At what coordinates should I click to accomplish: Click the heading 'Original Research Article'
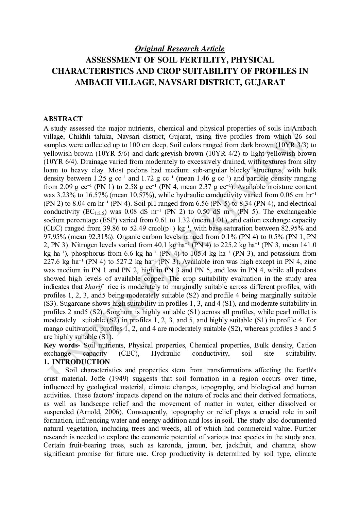pyautogui.click(x=179, y=49)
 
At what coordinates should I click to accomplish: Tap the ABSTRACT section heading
pyautogui.click(x=63, y=119)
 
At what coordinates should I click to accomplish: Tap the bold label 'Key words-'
pyautogui.click(x=62, y=345)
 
